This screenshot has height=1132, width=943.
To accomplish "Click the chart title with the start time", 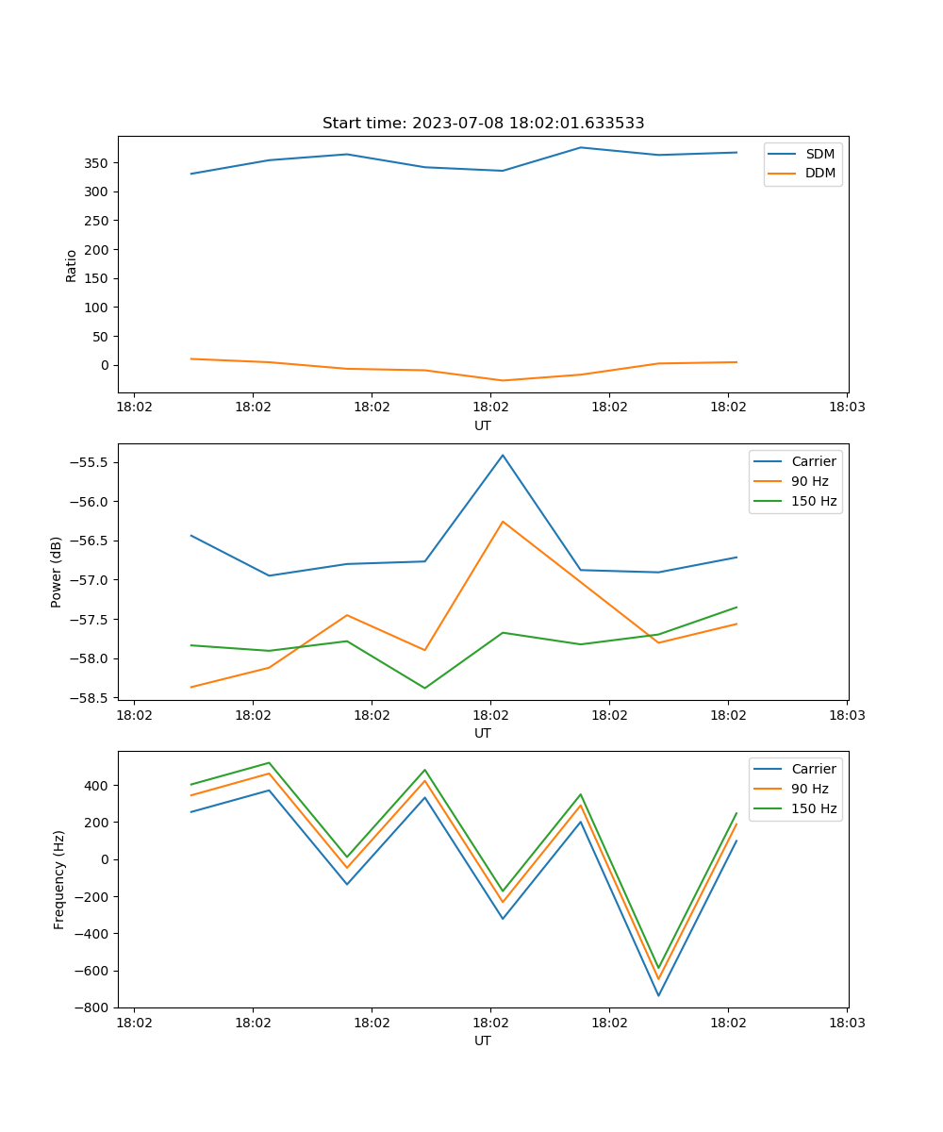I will [x=483, y=124].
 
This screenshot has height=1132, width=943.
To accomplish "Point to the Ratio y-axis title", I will [x=72, y=265].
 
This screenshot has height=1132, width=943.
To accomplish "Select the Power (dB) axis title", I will [x=57, y=572].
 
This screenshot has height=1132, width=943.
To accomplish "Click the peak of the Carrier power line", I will [x=503, y=455].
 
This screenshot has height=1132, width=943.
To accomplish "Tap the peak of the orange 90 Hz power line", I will [x=503, y=521].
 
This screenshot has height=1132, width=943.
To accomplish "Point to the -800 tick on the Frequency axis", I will [x=92, y=1007].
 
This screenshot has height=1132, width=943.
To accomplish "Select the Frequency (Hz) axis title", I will [x=59, y=879].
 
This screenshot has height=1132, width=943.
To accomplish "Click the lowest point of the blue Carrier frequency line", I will [x=658, y=995].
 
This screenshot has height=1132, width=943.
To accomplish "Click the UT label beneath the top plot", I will [x=483, y=425].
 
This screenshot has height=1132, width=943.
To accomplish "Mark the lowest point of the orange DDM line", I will [x=503, y=380].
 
